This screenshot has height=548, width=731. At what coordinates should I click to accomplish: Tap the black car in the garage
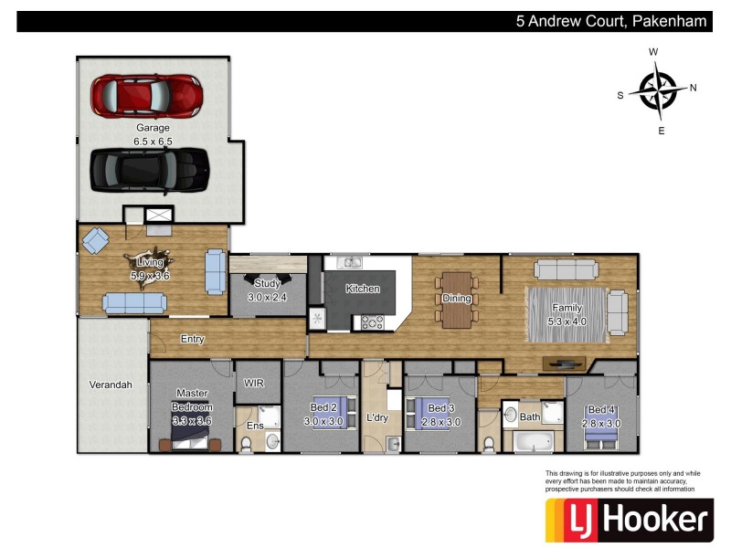[x=149, y=168]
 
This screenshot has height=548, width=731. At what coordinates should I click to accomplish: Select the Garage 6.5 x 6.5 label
[x=153, y=134]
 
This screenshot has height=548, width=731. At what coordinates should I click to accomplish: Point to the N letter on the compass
[x=694, y=88]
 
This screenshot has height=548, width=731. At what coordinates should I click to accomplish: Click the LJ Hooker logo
[x=630, y=520]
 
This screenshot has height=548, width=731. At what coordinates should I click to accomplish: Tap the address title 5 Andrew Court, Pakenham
[x=611, y=21]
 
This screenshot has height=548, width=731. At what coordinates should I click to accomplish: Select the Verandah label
[x=111, y=385]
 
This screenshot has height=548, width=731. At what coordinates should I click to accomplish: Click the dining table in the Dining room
[x=456, y=299]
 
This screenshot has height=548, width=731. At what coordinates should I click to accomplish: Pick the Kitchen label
[x=363, y=289]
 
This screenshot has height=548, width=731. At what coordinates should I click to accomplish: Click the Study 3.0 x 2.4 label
[x=267, y=290]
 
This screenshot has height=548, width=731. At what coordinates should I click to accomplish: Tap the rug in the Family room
[x=566, y=313]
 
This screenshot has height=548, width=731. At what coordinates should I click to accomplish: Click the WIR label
[x=253, y=384]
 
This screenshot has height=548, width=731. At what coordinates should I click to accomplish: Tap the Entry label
[x=192, y=339]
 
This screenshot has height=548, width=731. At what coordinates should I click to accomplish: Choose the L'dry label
[x=377, y=417]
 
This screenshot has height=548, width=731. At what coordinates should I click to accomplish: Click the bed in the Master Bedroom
[x=191, y=443]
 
